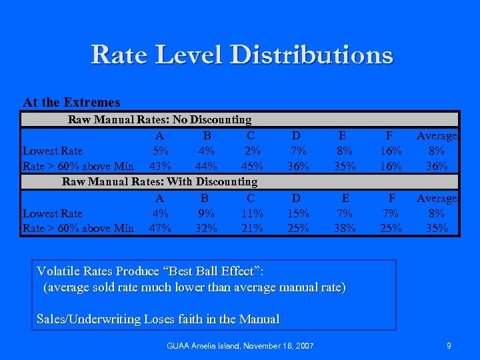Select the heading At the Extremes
[x=71, y=103]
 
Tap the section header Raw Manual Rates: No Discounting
[x=159, y=120]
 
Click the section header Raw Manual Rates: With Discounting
[x=159, y=181]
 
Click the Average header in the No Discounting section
[x=437, y=136]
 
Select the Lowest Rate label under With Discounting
[x=53, y=213]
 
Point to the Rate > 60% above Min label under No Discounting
[x=78, y=166]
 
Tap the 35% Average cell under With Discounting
[x=437, y=228]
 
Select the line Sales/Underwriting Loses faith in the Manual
[x=158, y=319]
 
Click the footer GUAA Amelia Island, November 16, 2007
[x=240, y=345]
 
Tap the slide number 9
[x=449, y=345]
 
